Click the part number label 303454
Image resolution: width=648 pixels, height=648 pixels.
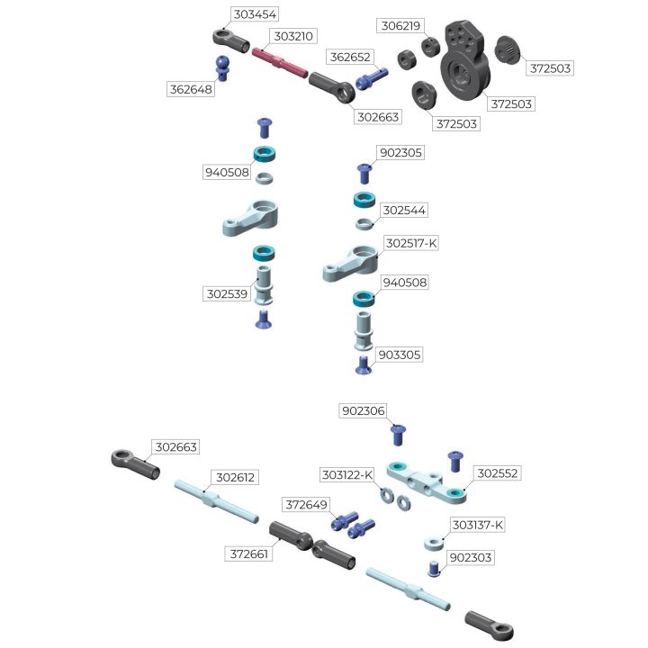[255, 15]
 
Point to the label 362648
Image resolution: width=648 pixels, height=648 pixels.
[191, 89]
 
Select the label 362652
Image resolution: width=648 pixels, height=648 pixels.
[350, 57]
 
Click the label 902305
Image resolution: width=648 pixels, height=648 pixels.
[400, 153]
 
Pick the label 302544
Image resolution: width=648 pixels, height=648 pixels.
[404, 211]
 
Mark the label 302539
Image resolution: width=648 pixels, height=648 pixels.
[227, 293]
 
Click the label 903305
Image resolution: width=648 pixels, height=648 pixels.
[400, 355]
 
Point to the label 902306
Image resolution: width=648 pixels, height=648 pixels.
[363, 411]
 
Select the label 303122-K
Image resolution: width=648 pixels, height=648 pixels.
[347, 474]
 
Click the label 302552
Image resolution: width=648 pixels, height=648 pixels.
[498, 472]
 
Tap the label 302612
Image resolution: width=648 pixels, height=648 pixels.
[235, 477]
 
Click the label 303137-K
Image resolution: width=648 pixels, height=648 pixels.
[477, 525]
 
